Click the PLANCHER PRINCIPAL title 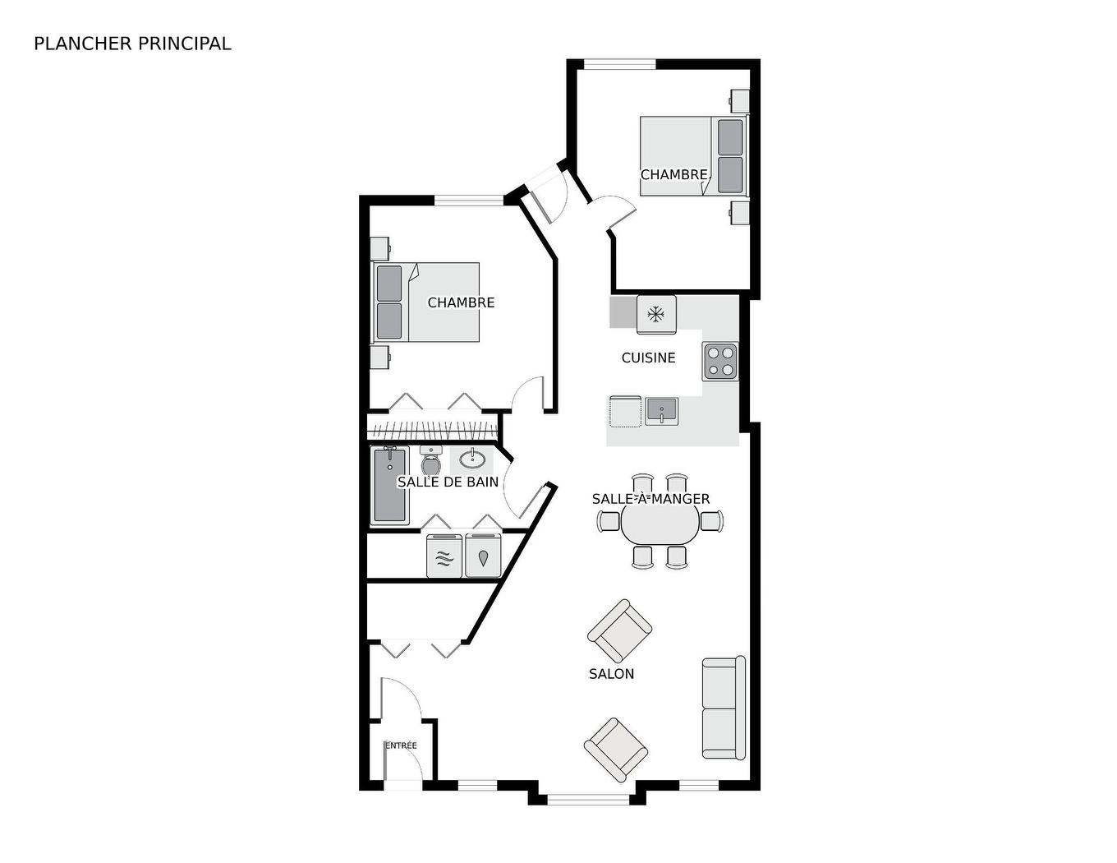132,44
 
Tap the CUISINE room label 648,358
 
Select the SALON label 611,674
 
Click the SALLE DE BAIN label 448,482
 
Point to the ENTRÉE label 401,745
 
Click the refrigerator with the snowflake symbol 655,314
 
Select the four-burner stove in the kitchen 720,361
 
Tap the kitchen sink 661,410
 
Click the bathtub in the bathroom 390,485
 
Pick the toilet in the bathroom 430,462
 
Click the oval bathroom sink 472,459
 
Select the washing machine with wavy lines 444,556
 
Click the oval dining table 660,522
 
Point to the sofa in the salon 724,707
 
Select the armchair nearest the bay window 615,750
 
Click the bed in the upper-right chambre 692,156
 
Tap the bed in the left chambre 427,302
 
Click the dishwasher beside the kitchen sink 625,411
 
